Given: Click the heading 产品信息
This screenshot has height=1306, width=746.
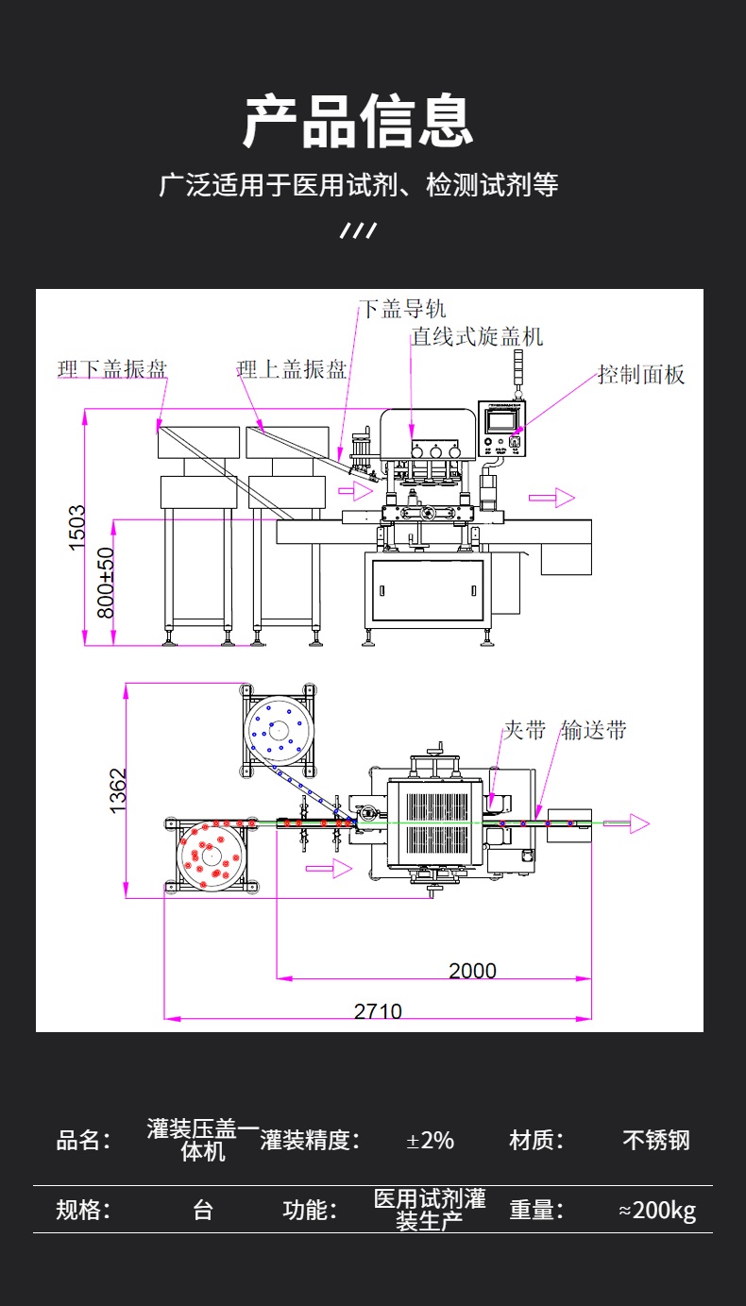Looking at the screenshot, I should (358, 122).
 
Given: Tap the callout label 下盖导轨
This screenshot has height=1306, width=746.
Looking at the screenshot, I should (402, 309).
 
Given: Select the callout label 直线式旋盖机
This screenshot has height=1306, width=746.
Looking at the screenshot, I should (477, 337).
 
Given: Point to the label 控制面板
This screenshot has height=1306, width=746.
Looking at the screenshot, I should (641, 375).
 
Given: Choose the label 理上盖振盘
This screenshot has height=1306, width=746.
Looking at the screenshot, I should (292, 369).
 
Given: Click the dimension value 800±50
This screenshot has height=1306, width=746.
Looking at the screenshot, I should (106, 584).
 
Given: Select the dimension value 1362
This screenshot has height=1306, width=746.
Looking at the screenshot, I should (118, 790).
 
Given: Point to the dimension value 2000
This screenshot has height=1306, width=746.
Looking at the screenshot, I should (472, 970).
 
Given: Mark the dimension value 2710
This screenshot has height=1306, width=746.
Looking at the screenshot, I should (378, 1011).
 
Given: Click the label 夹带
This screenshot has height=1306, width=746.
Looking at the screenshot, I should (524, 730).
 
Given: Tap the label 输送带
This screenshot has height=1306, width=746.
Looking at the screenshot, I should (594, 730).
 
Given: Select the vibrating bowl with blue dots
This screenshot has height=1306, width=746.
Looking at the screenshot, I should (280, 729).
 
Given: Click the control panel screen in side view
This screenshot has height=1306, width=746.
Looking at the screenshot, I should (501, 419).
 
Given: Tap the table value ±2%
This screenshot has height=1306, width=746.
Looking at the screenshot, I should (430, 1140).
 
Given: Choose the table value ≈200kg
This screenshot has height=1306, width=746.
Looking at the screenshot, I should (657, 1210).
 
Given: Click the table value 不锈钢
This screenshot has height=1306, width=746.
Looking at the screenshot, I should (656, 1140).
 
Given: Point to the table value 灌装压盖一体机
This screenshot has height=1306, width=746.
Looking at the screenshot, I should (203, 1140).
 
